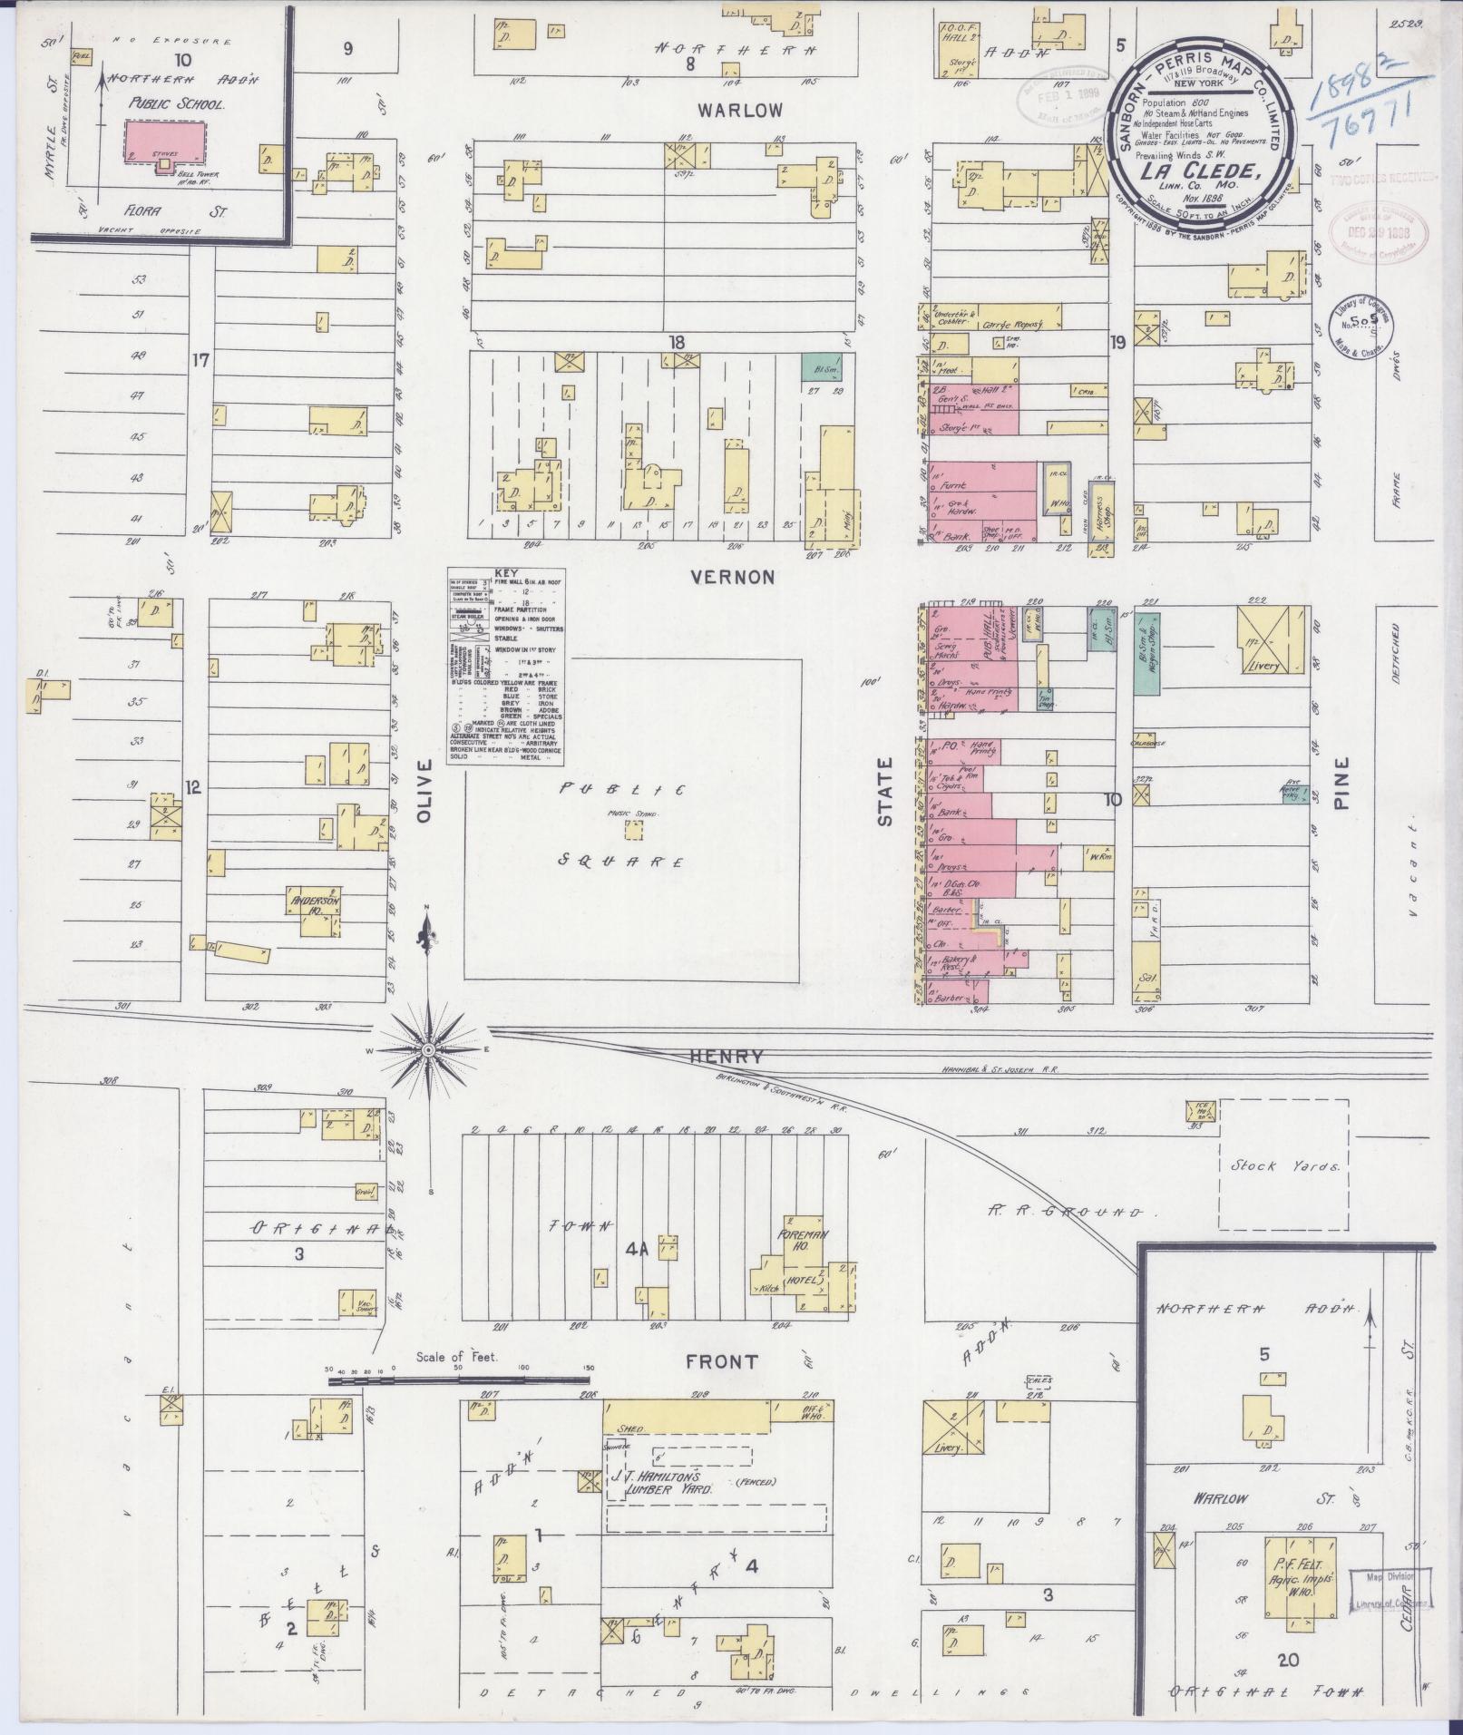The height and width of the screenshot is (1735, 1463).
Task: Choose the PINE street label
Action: pyautogui.click(x=1342, y=780)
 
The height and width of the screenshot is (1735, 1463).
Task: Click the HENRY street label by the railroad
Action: pyautogui.click(x=727, y=1057)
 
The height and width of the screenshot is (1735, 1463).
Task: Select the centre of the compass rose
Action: pyautogui.click(x=428, y=1049)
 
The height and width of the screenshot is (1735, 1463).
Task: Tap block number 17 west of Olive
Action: pyautogui.click(x=200, y=360)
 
